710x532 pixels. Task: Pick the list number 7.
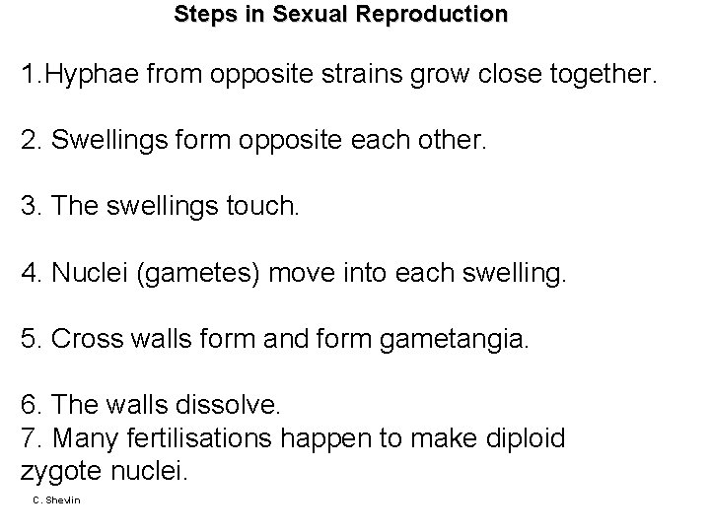tap(28, 437)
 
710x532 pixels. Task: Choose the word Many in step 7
tap(81, 437)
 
